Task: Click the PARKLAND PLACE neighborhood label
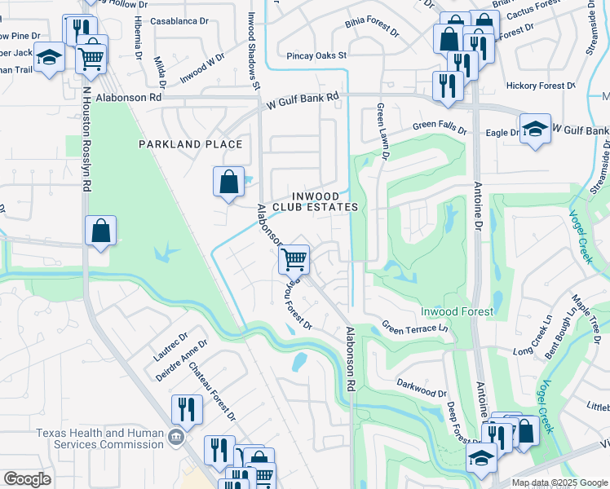point(190,144)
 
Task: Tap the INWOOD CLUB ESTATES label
point(315,201)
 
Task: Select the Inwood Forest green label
point(457,311)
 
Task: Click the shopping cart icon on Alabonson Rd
point(294,260)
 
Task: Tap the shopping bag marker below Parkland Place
point(228,182)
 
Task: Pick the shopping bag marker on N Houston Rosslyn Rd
point(100,231)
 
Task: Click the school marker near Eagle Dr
point(535,130)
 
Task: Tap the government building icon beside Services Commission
point(175,438)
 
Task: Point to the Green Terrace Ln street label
point(415,328)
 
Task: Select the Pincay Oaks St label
point(317,56)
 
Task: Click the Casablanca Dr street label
point(179,21)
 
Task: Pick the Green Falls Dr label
point(439,127)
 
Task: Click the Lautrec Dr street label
point(170,346)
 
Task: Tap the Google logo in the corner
point(27,479)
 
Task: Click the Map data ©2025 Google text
point(559,482)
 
